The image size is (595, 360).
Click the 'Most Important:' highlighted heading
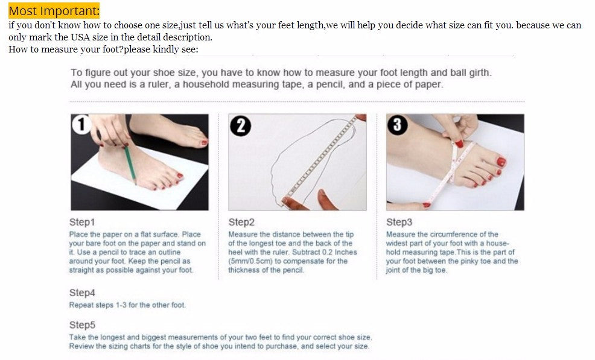click(x=54, y=11)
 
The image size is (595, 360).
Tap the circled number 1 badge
click(x=81, y=124)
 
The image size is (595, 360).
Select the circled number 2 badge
click(x=241, y=126)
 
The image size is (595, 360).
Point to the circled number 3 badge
click(x=397, y=125)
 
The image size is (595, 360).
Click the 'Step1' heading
click(x=82, y=222)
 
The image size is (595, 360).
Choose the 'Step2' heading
click(x=241, y=222)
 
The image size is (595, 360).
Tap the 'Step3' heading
click(x=399, y=222)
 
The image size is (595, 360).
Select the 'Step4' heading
click(x=82, y=292)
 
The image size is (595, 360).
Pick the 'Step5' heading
click(x=82, y=324)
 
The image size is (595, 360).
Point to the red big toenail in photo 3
click(x=501, y=162)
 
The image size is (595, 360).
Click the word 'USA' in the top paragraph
click(x=80, y=37)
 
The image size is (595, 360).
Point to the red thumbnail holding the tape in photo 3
click(x=459, y=144)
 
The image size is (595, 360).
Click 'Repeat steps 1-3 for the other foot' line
click(x=127, y=305)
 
